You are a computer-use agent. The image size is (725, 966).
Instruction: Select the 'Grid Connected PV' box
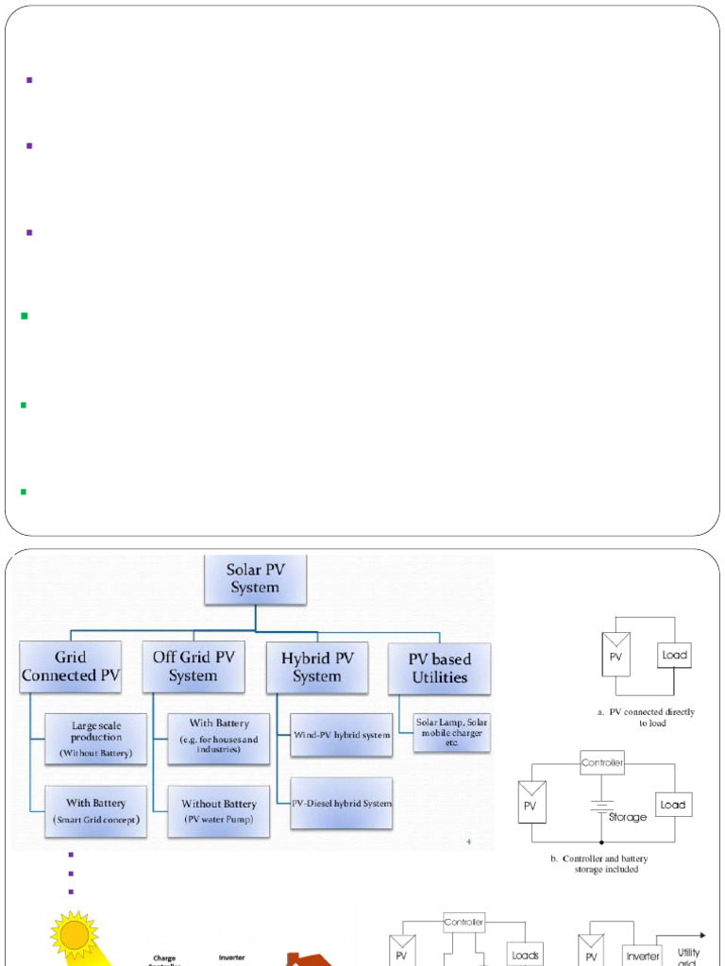point(71,666)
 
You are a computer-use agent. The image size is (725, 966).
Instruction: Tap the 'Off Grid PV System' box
point(193,666)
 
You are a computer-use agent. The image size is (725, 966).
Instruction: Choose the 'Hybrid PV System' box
point(317,666)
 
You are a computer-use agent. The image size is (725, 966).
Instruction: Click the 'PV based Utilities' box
point(439,668)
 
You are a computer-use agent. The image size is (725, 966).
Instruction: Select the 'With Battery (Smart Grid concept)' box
point(96,811)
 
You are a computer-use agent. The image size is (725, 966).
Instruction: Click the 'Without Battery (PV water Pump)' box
point(218,811)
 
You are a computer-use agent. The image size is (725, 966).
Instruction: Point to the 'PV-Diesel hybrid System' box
point(341,804)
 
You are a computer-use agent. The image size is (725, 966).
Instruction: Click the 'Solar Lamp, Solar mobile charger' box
point(451,733)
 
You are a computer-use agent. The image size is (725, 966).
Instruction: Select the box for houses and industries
point(218,739)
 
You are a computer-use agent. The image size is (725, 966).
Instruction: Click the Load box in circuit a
point(674,655)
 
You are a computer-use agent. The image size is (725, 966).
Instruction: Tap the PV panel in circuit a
point(616,655)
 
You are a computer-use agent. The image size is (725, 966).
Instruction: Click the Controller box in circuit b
point(602,763)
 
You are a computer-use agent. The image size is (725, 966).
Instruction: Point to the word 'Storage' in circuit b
point(627,817)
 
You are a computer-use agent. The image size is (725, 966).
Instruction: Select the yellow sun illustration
point(75,935)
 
